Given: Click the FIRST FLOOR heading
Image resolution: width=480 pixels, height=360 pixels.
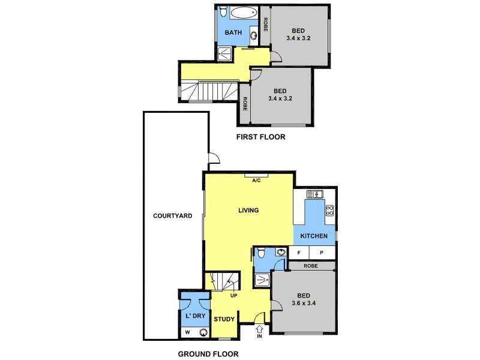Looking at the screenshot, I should pos(260,137).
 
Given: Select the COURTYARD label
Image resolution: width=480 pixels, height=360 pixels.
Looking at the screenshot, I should pos(172,216).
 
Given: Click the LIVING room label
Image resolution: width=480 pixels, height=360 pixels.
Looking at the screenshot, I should pos(248,211).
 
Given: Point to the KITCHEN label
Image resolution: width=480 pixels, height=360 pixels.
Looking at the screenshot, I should pos(314,236).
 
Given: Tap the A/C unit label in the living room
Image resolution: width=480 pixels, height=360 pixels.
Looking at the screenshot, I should pos(256,180).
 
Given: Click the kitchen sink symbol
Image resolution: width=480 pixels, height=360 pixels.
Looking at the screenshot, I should pos(315,194).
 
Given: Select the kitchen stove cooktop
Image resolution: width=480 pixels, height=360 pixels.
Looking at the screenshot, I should pos(329,210).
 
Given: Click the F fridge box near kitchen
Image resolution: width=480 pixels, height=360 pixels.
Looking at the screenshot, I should pos(298,253).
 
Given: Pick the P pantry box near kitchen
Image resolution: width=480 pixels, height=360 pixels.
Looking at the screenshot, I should pos(321,253).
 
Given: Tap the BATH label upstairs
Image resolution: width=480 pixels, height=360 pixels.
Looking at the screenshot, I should pos(233,32).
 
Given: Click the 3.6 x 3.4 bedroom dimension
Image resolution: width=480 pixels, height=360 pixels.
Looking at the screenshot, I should pos(304,303).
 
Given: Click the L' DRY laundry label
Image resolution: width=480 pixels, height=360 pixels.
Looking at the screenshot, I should pos(195,314).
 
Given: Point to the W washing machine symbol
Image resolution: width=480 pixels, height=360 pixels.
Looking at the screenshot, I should pos(187,332).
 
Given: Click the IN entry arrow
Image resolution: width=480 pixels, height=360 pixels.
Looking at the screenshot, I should pos(259,331).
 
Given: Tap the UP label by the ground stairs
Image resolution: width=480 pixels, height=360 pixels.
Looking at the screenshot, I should pos(234,295).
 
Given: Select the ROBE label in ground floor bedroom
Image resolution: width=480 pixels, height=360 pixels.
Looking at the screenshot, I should pos(310,266).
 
